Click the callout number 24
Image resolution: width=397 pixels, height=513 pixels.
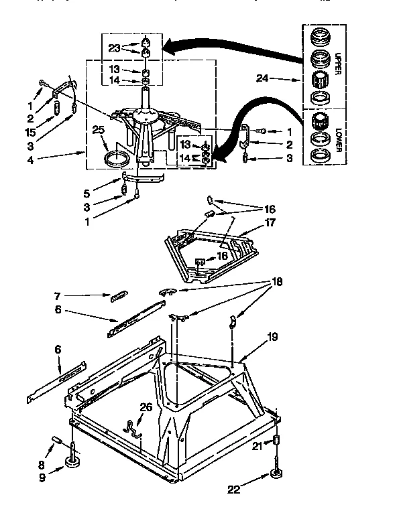point(264,79)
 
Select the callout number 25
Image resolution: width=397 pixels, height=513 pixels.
point(99,129)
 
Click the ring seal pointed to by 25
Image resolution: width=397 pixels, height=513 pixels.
point(117,159)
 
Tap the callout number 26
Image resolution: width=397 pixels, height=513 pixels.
point(146,408)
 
